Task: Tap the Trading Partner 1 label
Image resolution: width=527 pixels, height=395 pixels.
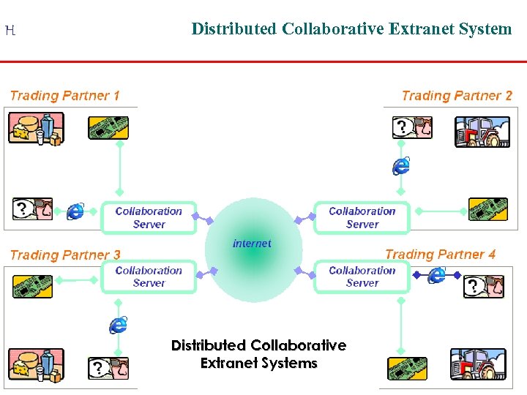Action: (64, 96)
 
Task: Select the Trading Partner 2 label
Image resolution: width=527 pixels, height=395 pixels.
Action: (457, 96)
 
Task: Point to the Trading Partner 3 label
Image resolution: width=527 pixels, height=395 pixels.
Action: (65, 255)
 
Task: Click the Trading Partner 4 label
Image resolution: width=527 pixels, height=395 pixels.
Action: (440, 255)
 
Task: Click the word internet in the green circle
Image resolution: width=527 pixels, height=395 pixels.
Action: (252, 244)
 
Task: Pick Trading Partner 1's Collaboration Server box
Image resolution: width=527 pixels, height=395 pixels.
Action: (149, 217)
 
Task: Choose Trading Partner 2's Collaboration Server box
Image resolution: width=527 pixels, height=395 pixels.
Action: (362, 217)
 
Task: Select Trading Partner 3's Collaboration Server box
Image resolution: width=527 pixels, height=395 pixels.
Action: (149, 276)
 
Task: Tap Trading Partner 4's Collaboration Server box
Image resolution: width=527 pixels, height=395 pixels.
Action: (362, 276)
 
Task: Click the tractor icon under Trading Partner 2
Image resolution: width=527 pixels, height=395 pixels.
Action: (482, 132)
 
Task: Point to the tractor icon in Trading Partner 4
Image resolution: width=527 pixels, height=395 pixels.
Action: (476, 364)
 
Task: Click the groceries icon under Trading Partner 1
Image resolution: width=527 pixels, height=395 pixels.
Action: (35, 129)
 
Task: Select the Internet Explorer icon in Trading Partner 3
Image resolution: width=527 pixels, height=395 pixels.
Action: (119, 324)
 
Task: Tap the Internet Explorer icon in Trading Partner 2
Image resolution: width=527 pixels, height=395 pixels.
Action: (400, 165)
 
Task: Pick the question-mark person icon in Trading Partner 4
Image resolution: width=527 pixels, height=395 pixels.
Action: (484, 286)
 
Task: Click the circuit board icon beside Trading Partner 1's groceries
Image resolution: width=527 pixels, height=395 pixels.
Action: (108, 128)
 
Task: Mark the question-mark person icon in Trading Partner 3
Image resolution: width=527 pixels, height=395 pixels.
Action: (108, 368)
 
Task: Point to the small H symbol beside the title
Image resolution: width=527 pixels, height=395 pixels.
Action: (10, 31)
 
